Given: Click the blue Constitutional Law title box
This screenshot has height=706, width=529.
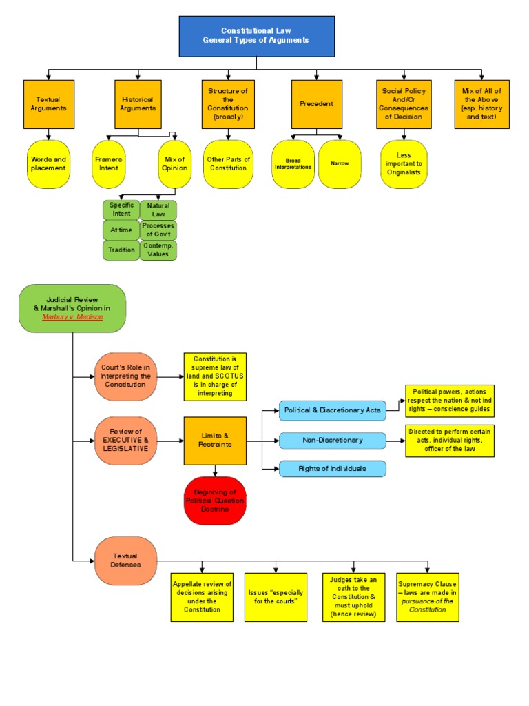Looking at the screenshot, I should click(256, 36).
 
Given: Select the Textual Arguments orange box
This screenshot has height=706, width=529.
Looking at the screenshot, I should click(48, 104).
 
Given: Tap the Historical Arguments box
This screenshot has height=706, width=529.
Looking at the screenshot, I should click(138, 104).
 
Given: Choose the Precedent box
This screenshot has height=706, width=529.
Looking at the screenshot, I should click(317, 104).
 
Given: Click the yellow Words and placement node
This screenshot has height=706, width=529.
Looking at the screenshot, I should click(48, 164).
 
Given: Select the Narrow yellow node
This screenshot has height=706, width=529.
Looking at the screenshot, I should click(340, 164).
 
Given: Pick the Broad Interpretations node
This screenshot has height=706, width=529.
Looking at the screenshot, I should click(293, 164).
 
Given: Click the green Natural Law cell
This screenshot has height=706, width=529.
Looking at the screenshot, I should click(158, 210).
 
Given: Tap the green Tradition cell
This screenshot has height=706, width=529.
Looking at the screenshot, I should click(121, 250).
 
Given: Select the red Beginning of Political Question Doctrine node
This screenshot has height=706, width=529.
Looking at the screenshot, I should click(215, 501).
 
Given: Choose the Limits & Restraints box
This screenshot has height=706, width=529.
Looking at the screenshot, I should click(215, 441).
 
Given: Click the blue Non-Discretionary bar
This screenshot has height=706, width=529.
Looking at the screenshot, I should click(332, 440).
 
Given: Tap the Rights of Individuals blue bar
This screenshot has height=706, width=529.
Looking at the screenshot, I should click(332, 469).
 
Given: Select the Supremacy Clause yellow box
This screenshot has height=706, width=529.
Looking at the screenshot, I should click(427, 596).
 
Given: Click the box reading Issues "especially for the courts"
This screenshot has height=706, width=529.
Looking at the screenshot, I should click(276, 596).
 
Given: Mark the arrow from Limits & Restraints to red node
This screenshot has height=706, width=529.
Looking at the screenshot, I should click(215, 471).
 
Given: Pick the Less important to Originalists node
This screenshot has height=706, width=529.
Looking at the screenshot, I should click(404, 164).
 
